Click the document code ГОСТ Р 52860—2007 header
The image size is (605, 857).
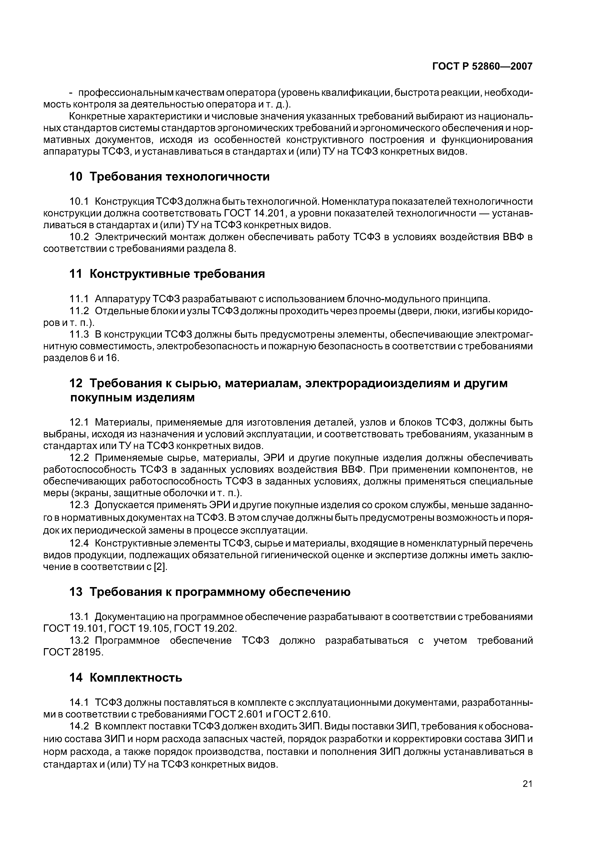482,66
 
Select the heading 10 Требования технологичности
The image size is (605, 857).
170,177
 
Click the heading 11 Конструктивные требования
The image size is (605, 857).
167,274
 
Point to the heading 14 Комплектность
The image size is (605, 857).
126,677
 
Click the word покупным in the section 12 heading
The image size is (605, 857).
100,398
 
